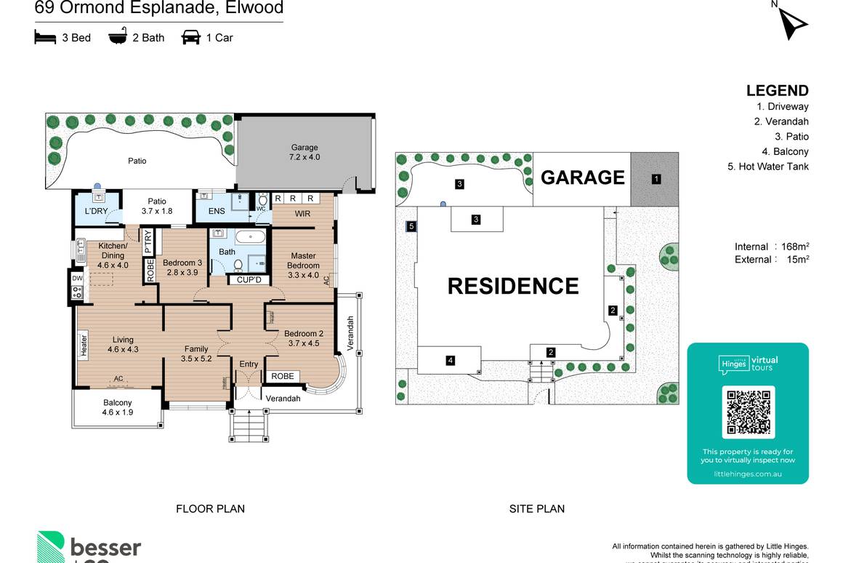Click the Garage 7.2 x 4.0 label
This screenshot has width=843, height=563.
coord(304,152)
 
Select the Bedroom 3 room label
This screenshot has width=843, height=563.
coord(182,267)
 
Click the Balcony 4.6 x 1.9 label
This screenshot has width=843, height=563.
coord(118,407)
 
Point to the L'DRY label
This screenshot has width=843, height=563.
coord(96,212)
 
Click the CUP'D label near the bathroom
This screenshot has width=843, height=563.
coord(249,279)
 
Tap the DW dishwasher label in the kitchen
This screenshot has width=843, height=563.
coord(77,278)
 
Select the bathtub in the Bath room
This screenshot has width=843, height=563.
coord(250,236)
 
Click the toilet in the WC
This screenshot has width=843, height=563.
coord(263,200)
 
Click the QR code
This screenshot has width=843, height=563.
coord(748,412)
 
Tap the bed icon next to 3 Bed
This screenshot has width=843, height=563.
coord(45,37)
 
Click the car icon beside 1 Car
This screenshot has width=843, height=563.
coord(190,37)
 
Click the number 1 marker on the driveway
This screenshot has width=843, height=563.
coord(656,178)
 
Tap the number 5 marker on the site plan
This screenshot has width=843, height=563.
coord(411,227)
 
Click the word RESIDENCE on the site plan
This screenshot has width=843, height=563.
coord(513,286)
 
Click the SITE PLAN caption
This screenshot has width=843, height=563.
coord(536,509)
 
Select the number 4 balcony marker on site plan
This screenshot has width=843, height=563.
coord(451,360)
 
